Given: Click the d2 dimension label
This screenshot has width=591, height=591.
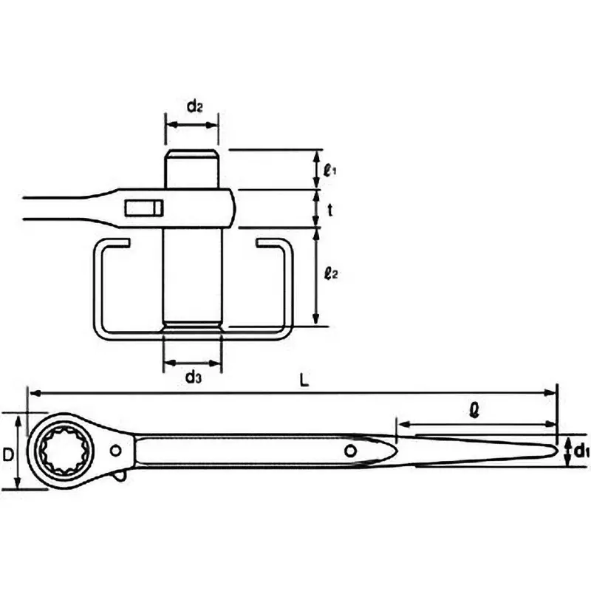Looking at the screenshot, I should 194,106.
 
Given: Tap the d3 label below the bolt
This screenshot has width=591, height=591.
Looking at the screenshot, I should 193,378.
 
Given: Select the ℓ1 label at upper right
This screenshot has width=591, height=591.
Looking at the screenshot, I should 330,169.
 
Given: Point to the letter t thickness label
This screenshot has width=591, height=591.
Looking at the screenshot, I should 329,209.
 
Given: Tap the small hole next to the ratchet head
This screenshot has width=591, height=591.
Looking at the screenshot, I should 116,451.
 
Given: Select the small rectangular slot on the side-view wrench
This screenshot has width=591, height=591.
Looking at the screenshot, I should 143,208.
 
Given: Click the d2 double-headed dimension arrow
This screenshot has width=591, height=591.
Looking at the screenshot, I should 192,125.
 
